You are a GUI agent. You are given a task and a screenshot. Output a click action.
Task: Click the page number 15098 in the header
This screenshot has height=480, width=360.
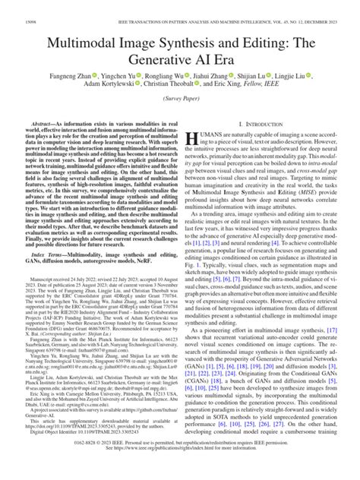coord(17,8)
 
